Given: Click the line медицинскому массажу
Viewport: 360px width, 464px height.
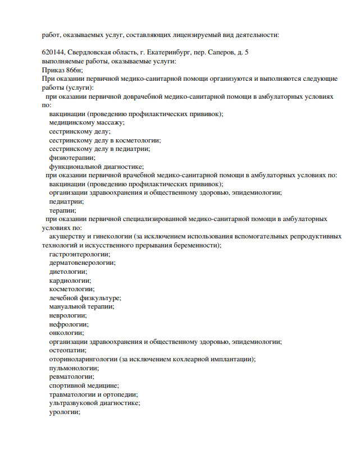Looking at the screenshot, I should click(86, 122).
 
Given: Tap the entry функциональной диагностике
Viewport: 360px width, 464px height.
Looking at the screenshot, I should click(97, 167).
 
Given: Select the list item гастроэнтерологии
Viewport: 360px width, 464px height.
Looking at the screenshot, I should click(79, 254).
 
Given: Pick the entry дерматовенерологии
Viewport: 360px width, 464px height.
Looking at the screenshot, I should click(81, 263).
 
